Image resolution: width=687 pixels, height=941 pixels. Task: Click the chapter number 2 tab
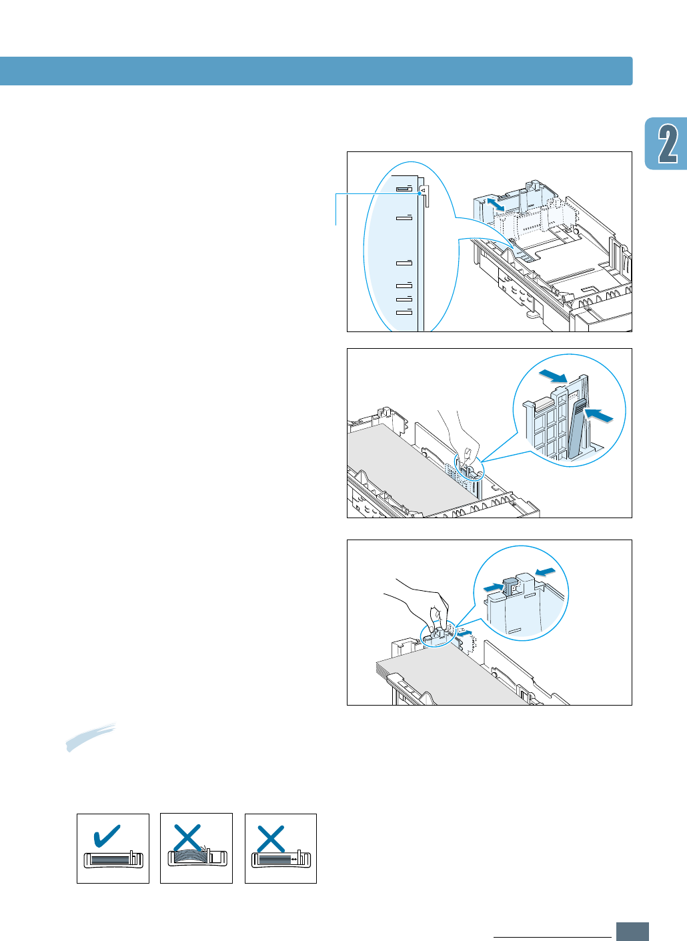tap(666, 144)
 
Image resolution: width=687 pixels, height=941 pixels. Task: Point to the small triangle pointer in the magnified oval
tap(422, 190)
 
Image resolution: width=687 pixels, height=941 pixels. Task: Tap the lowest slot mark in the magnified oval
tap(404, 311)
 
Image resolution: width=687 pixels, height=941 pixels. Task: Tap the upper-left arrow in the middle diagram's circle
tap(553, 377)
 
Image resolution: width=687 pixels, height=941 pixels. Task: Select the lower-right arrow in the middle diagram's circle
tap(598, 415)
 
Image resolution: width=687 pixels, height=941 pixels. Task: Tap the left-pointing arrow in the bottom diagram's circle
tap(545, 571)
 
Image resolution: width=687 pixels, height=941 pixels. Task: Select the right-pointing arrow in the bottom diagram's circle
tap(493, 586)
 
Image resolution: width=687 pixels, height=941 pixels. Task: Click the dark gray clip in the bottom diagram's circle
tap(510, 585)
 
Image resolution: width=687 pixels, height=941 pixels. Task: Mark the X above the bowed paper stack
tap(187, 838)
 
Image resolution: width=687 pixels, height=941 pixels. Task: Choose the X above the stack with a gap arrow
tap(271, 839)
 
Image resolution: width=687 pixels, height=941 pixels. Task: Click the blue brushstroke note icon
tap(90, 737)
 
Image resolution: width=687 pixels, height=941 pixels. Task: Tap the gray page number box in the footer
tap(632, 931)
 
